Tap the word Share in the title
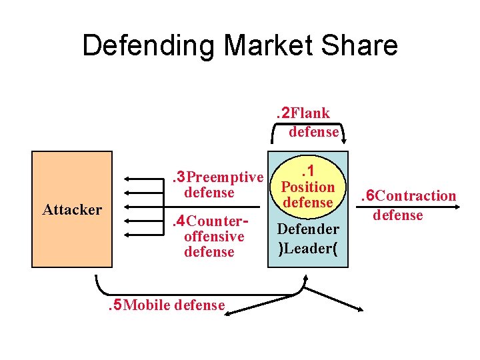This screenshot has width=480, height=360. click(365, 45)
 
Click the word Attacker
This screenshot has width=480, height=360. click(72, 210)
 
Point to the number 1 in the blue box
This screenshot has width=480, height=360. click(310, 172)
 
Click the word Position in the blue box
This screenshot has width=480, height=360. click(307, 187)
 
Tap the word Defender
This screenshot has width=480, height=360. click(308, 229)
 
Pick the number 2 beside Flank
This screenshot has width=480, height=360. click(285, 113)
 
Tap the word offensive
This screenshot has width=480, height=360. click(214, 237)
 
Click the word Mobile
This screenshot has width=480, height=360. click(147, 305)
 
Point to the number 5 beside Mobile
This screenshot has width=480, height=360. click(117, 305)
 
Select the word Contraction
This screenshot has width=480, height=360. click(417, 196)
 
